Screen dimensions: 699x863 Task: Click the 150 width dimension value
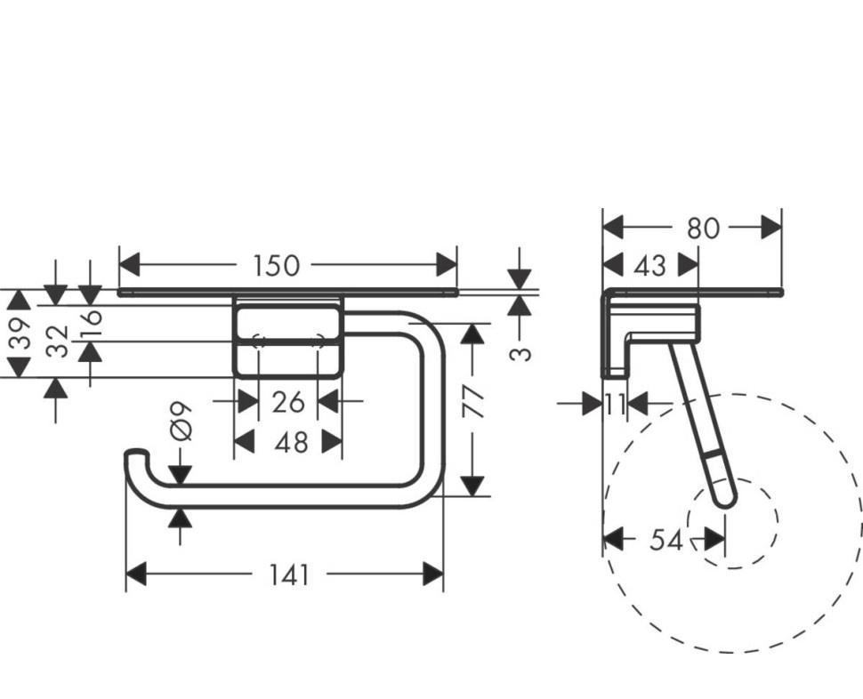[x=276, y=265]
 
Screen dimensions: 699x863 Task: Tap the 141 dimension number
[x=289, y=575]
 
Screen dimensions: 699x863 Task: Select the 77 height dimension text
[x=476, y=402]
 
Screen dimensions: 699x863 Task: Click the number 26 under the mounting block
[x=288, y=402]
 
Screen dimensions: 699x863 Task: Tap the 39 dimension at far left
[x=20, y=333]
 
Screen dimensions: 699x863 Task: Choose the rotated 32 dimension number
[x=57, y=341]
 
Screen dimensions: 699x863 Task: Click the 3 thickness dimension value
[x=522, y=352]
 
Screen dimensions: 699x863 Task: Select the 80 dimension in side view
[x=702, y=229]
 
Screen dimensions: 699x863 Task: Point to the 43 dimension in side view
[x=649, y=265]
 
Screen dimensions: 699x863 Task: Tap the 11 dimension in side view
[x=615, y=406]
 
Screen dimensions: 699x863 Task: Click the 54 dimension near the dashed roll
[x=665, y=540]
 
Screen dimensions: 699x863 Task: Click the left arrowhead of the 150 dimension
[x=130, y=265]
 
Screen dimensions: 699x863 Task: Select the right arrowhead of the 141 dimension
[x=433, y=574]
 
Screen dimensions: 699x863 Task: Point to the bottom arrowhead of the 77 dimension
[x=473, y=486]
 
